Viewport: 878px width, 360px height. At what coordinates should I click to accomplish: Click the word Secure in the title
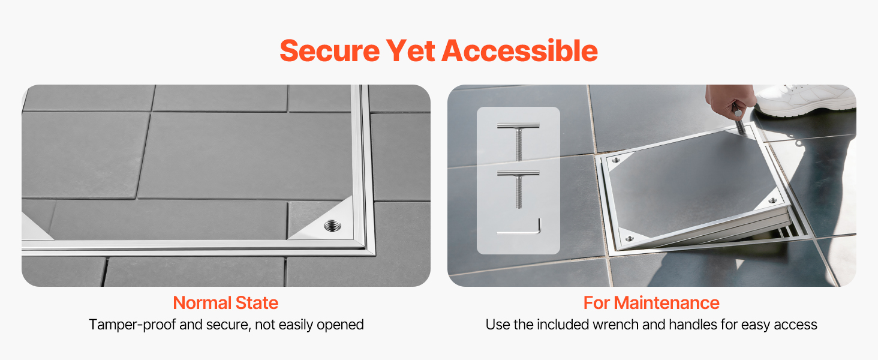click(x=330, y=51)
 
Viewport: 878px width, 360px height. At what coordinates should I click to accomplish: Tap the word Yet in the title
click(x=411, y=51)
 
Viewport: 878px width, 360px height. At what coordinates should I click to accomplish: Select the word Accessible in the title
click(x=520, y=51)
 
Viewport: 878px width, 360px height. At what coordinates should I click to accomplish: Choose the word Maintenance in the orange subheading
click(x=666, y=303)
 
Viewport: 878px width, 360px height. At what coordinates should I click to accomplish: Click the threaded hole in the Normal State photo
click(x=332, y=226)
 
